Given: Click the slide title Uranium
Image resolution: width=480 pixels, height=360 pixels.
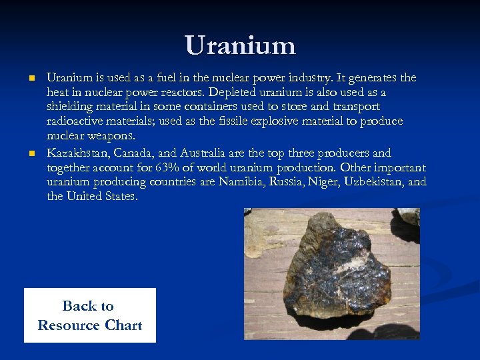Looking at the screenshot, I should (x=240, y=45).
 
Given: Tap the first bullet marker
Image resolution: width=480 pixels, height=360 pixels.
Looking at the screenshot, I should (x=31, y=78).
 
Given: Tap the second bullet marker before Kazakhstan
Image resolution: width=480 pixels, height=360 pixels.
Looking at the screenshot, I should (x=31, y=153).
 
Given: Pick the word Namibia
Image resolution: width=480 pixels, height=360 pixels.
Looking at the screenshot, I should (x=241, y=182).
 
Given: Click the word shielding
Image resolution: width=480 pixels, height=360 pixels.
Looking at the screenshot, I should (x=70, y=107).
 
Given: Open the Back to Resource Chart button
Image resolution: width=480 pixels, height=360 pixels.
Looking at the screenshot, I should (x=90, y=315).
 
